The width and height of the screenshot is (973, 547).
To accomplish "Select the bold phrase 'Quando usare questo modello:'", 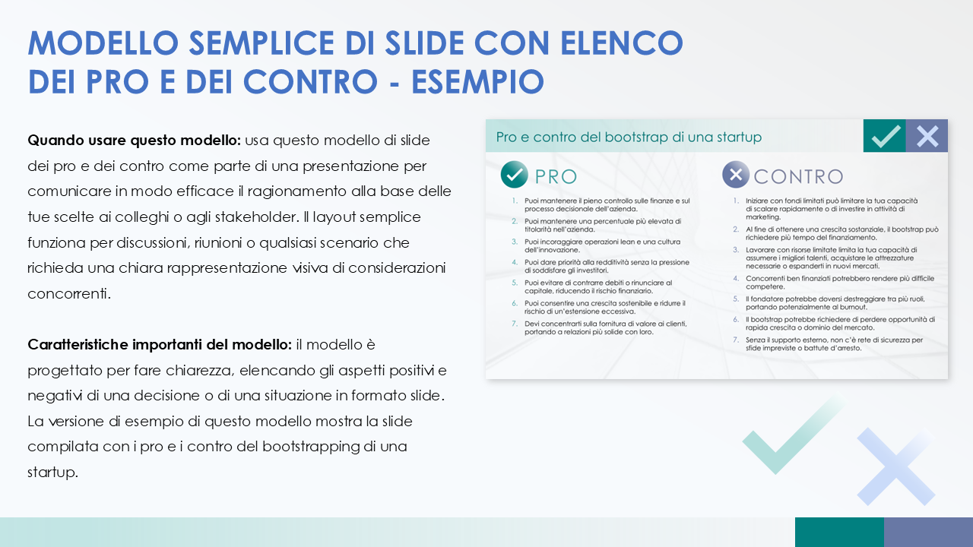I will (x=134, y=141).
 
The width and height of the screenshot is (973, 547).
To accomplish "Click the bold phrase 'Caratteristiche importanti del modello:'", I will (x=160, y=345).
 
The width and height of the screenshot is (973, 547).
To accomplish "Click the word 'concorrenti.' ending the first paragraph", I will (x=69, y=294).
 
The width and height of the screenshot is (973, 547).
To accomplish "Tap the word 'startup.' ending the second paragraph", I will (x=53, y=473).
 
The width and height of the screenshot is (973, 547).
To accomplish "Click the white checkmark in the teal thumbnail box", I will (x=886, y=137).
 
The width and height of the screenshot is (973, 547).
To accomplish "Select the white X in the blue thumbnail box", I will (x=927, y=137).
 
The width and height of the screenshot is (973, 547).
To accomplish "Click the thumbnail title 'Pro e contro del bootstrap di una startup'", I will (x=629, y=138).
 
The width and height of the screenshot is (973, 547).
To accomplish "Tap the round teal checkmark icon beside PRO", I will (x=515, y=175).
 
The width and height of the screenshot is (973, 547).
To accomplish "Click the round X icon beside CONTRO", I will (x=735, y=175).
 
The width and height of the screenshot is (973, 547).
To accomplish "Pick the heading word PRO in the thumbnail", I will (x=556, y=177).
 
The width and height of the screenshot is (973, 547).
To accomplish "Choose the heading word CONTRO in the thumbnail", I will (x=797, y=177).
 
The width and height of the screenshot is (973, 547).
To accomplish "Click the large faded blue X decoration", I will (x=895, y=466).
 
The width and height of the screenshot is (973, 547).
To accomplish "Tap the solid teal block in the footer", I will (x=839, y=532).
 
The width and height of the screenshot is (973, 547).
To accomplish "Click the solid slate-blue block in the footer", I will (x=928, y=532).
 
